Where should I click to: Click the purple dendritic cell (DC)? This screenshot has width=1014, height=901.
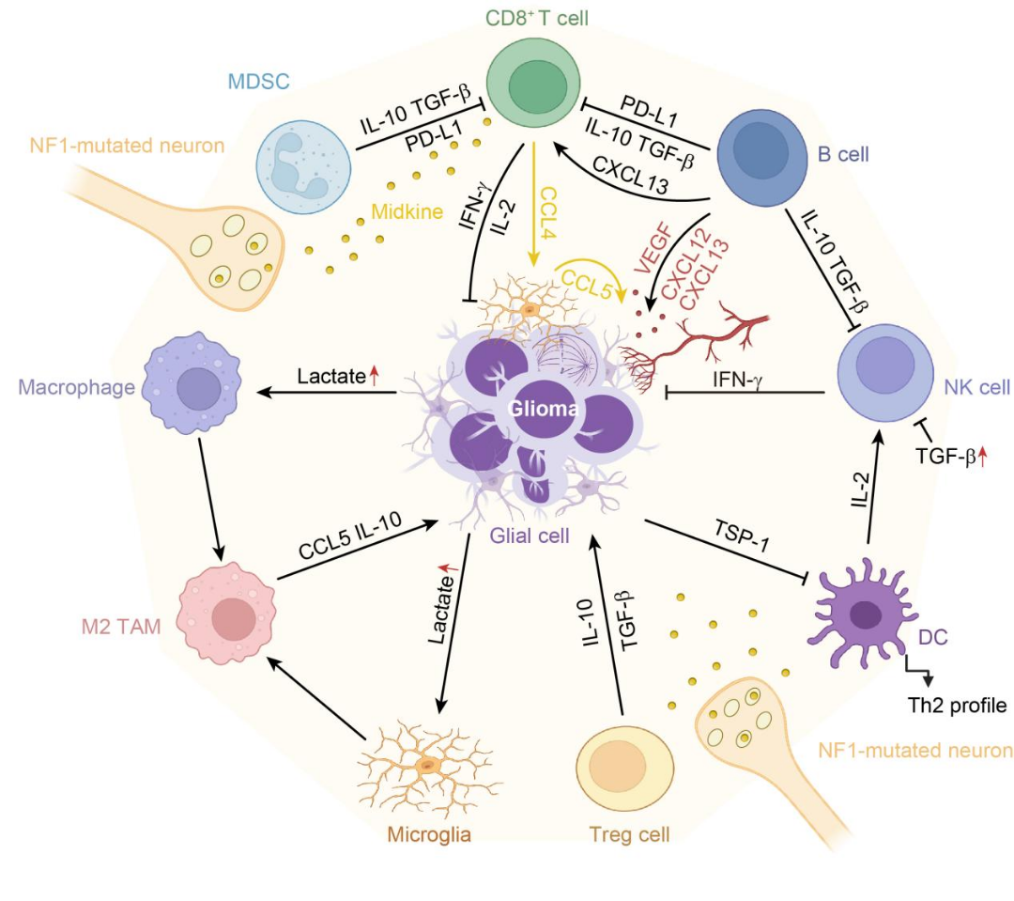861,614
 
